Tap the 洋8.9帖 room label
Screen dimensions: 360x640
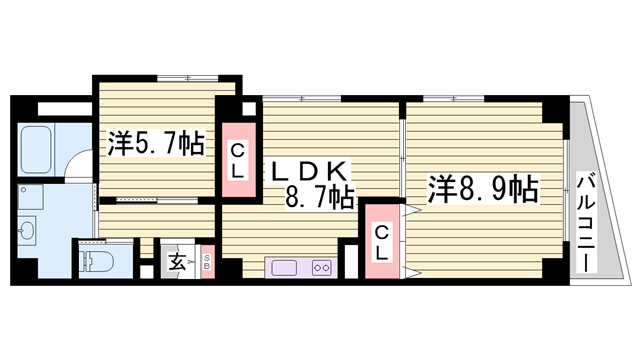click(484, 187)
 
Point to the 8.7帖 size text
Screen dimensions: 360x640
click(320, 197)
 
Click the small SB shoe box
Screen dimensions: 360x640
click(207, 263)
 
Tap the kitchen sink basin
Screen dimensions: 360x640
click(281, 267)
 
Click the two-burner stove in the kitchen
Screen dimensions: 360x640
click(321, 267)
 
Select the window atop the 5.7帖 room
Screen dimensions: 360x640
click(189, 77)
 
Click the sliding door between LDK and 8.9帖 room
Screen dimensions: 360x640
click(402, 150)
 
